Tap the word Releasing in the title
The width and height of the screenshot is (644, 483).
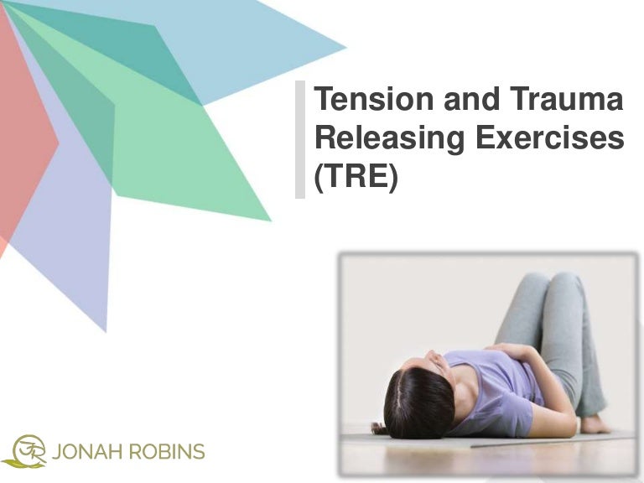tap(382, 140)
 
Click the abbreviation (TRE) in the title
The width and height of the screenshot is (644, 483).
tap(354, 179)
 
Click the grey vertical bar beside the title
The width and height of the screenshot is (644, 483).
tap(300, 140)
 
